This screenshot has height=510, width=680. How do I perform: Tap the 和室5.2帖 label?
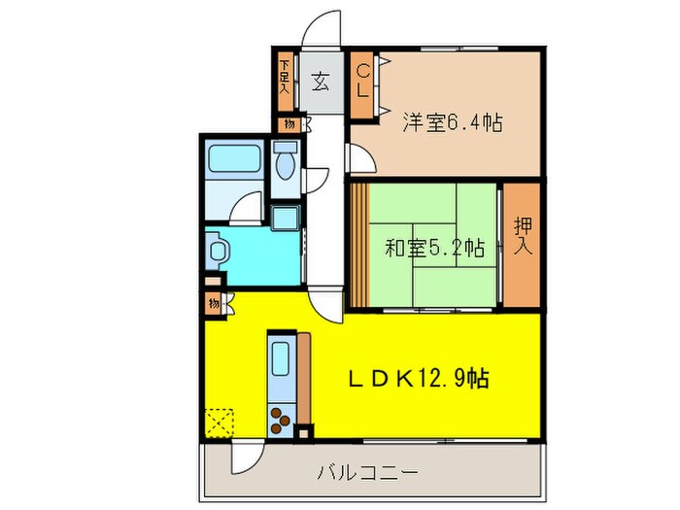point(433,247)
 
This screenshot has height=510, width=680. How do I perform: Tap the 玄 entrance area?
point(320,82)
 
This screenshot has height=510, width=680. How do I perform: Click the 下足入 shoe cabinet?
point(285,79)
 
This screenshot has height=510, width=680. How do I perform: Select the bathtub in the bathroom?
point(232,160)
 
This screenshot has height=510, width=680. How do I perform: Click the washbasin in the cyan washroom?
point(217,252)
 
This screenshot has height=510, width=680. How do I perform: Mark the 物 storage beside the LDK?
point(213,304)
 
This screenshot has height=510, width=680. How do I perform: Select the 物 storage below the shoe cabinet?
point(289,124)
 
